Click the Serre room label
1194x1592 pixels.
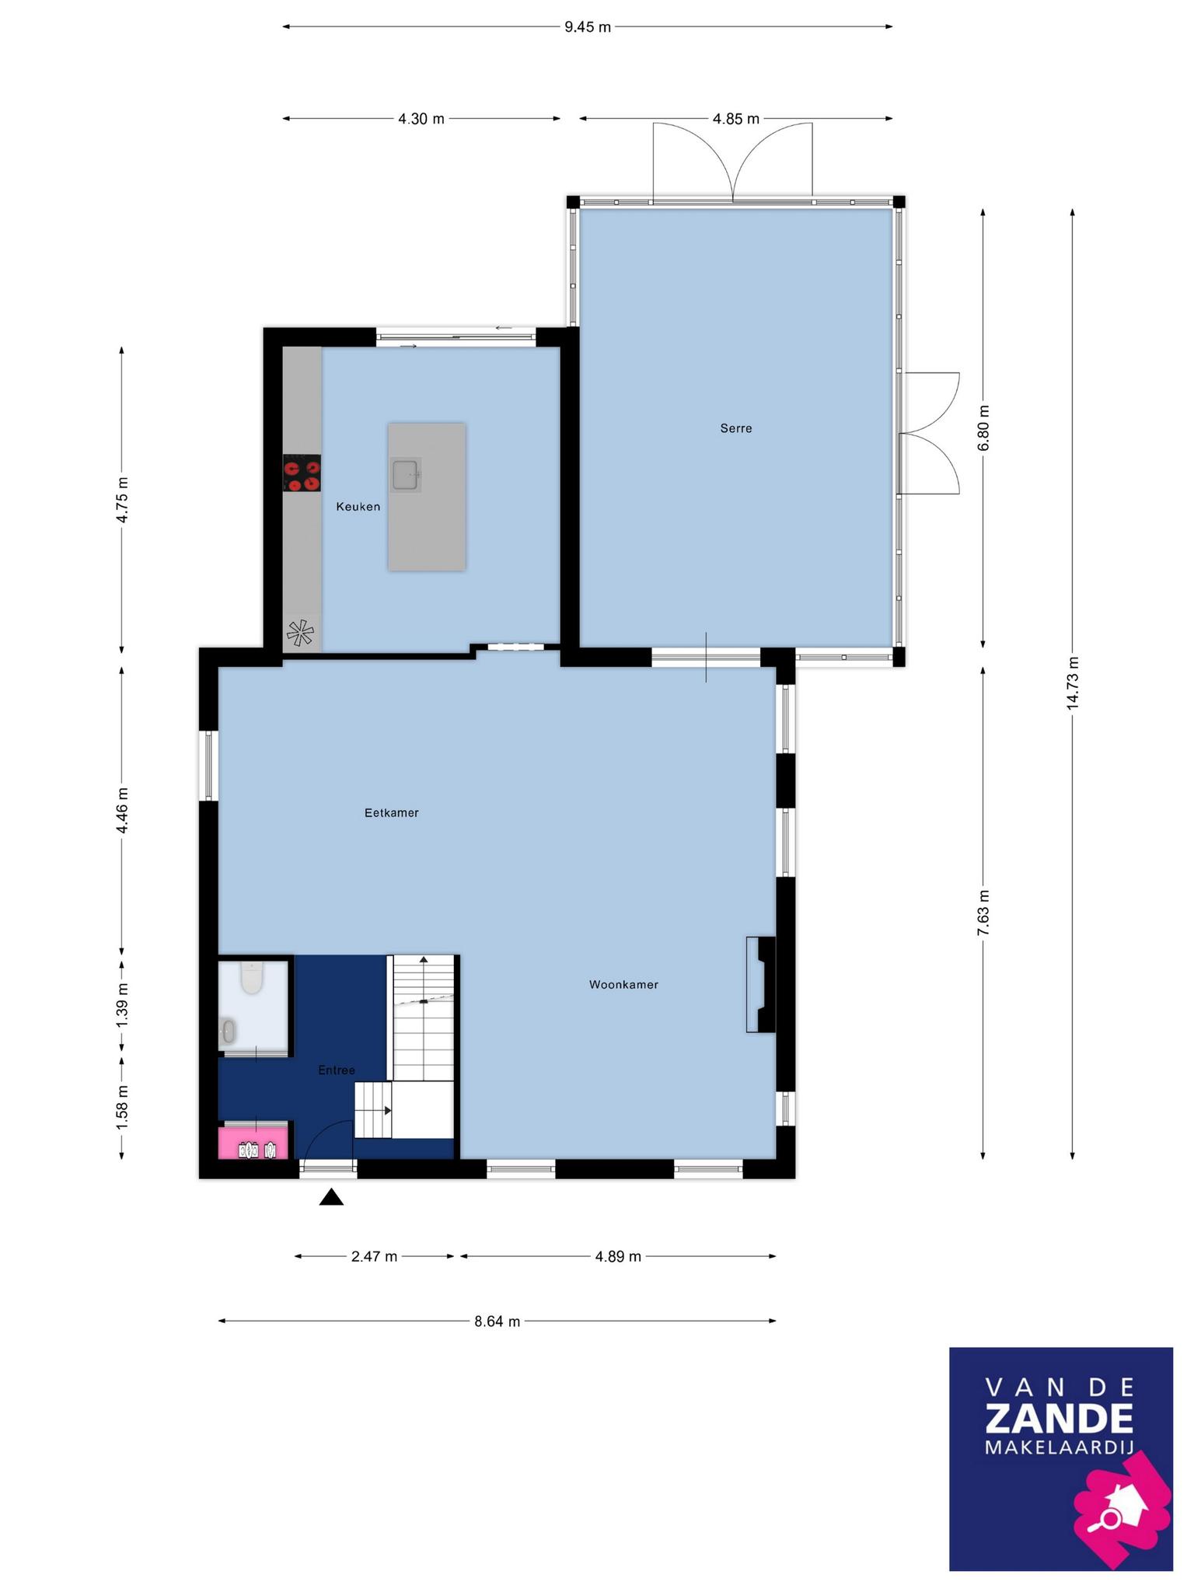[735, 428]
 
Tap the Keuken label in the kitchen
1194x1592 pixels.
[358, 507]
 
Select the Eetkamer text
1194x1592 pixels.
[392, 813]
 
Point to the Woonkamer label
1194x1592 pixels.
[623, 985]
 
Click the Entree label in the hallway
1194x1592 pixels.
[337, 1070]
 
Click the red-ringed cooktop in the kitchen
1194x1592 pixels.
[302, 473]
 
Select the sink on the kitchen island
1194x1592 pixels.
[406, 474]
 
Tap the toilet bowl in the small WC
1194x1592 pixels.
[251, 978]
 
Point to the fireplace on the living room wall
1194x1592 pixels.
[761, 985]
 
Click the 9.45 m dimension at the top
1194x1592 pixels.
[588, 27]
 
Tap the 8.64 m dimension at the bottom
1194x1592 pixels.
[497, 1321]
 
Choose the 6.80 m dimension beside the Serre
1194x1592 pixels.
[983, 428]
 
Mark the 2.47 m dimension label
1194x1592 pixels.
[375, 1256]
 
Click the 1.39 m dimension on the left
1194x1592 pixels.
[122, 1004]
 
